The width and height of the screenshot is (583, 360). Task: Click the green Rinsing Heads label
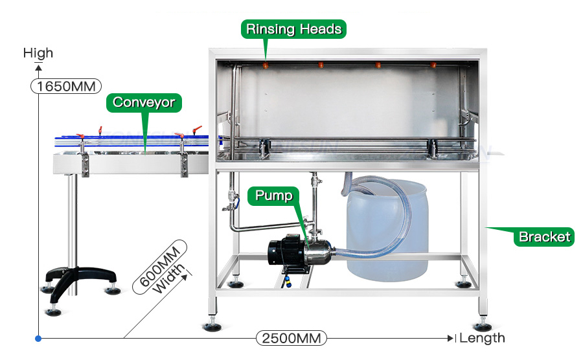coord(293,29)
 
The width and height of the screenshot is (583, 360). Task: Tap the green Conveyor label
coord(144,102)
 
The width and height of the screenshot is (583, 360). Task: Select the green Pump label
coord(274,196)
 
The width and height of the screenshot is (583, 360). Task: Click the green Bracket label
coord(544,237)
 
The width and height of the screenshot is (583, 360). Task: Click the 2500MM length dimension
coord(291,338)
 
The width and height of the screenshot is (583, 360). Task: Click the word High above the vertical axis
coord(38,53)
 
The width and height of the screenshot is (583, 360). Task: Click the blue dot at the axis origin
coord(38,338)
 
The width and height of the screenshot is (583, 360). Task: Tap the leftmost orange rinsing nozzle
coord(265,65)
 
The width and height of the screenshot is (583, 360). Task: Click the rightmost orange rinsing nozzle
coord(433,65)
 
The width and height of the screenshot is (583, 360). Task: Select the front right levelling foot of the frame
coord(481,325)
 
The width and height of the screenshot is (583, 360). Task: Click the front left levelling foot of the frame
coord(211,325)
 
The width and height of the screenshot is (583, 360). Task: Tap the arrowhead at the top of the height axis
coord(38,67)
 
